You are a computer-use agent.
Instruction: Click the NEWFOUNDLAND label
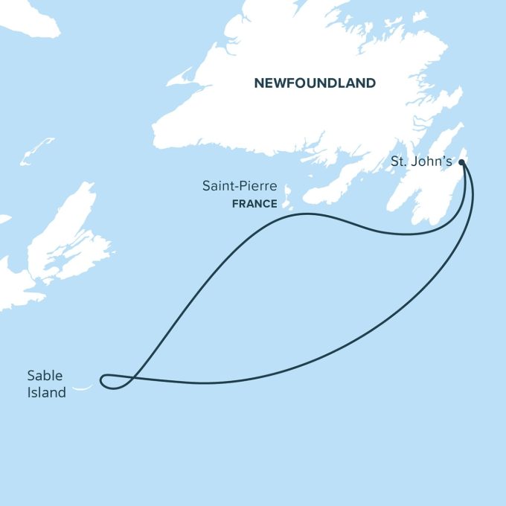(x=315, y=83)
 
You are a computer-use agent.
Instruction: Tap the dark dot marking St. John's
(x=462, y=161)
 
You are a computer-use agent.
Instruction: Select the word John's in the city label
(x=432, y=160)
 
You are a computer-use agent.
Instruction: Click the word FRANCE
(x=253, y=203)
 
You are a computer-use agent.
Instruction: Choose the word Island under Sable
(x=46, y=392)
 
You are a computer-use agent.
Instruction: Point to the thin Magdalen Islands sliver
(x=36, y=150)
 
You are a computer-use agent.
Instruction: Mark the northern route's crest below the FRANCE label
(x=305, y=214)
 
